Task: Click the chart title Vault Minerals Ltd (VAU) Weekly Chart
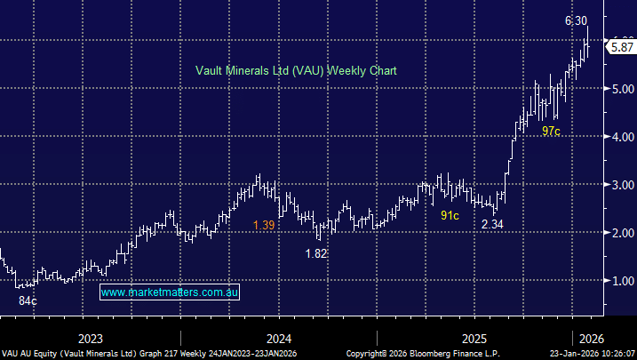[x=296, y=70]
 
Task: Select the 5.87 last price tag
[x=621, y=46]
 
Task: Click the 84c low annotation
[x=28, y=301]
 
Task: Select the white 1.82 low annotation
[x=316, y=253]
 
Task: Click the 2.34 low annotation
[x=493, y=225]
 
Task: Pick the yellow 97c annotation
[x=551, y=131]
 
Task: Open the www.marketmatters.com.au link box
[x=171, y=292]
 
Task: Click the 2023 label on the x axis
[x=91, y=339]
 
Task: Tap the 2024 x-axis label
[x=279, y=339]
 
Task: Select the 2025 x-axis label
[x=474, y=339]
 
